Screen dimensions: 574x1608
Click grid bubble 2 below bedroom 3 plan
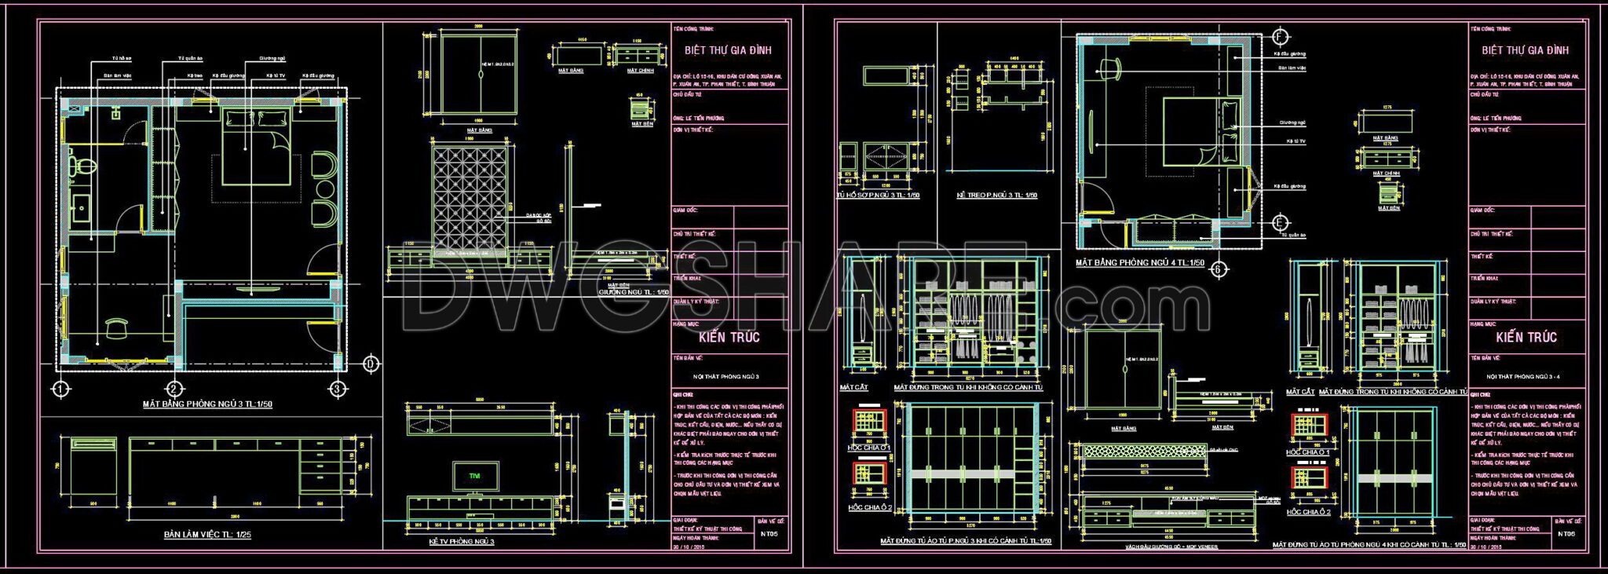(x=174, y=389)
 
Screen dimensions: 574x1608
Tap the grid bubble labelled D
(x=372, y=364)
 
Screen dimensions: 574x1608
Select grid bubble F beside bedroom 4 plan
(x=1281, y=37)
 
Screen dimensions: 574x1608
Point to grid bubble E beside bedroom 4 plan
(x=1281, y=222)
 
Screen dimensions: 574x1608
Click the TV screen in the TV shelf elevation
(x=474, y=476)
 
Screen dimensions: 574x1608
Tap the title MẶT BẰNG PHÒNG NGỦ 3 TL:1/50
(x=207, y=405)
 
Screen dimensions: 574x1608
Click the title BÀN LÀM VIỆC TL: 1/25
(x=207, y=535)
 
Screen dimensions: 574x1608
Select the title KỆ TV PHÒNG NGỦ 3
(x=462, y=542)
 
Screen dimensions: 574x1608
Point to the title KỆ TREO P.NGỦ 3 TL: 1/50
(x=996, y=196)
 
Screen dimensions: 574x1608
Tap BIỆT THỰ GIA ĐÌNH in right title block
(x=1525, y=50)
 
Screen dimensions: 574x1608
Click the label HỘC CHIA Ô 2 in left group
(x=869, y=507)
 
